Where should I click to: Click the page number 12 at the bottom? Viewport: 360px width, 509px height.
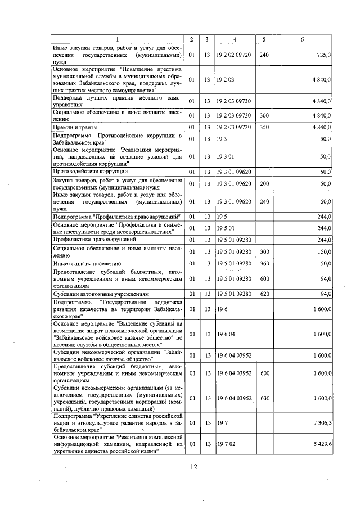[x=193, y=466]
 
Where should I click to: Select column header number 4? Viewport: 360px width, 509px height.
[x=235, y=39]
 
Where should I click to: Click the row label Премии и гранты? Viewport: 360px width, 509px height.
[x=70, y=127]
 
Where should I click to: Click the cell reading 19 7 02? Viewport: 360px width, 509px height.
[x=226, y=444]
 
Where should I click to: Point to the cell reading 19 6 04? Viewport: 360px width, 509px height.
[x=226, y=334]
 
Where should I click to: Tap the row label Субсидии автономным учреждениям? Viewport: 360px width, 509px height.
[x=101, y=294]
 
